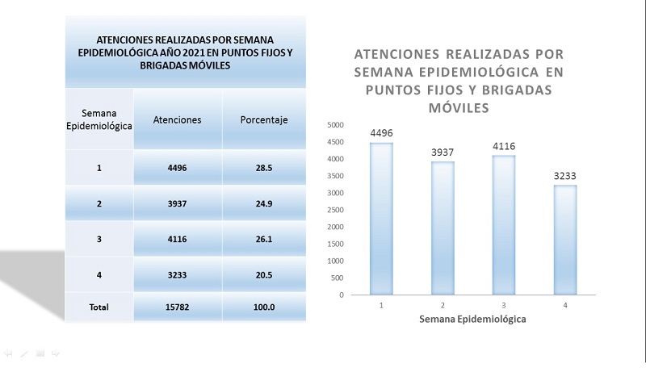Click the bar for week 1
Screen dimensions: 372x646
[381, 219]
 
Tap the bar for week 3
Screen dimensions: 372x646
[503, 225]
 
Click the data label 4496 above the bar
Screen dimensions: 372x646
[381, 133]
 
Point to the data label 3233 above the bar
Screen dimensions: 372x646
[564, 176]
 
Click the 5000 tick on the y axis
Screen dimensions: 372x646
[335, 125]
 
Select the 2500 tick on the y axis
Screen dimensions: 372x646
[335, 210]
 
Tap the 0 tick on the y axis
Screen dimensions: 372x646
[342, 295]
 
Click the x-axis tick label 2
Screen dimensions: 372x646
[443, 306]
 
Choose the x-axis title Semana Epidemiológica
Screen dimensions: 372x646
[472, 320]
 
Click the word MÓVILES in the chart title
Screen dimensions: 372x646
[458, 107]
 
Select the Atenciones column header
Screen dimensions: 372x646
[177, 120]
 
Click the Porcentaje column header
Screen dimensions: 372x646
[264, 120]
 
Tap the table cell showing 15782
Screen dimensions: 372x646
[177, 307]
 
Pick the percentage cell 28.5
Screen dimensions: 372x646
[264, 169]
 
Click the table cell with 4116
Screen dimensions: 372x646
[177, 240]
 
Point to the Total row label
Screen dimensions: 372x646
[99, 307]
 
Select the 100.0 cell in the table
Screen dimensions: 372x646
[264, 307]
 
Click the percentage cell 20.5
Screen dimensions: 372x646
[264, 274]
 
